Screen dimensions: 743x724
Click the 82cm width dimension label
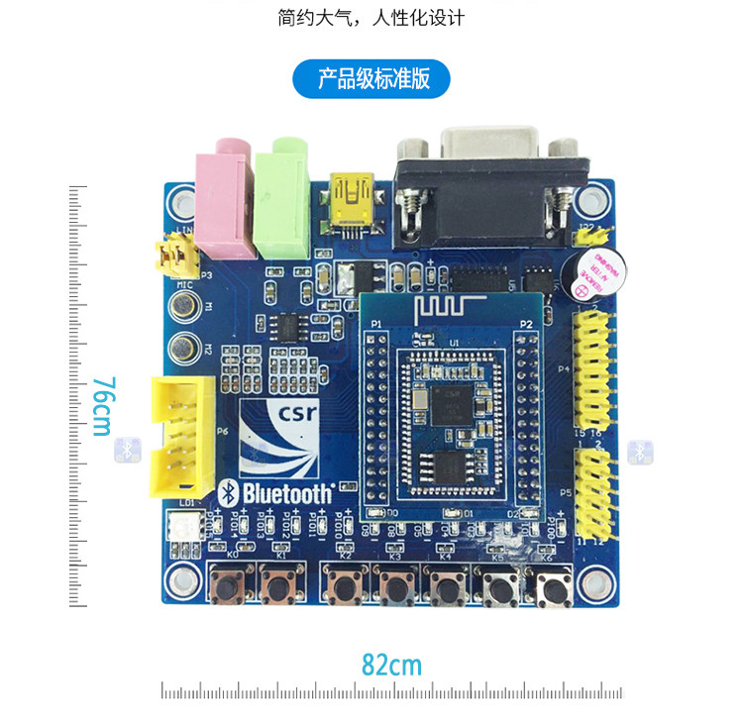(391, 664)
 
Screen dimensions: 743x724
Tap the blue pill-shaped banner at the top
(371, 78)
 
